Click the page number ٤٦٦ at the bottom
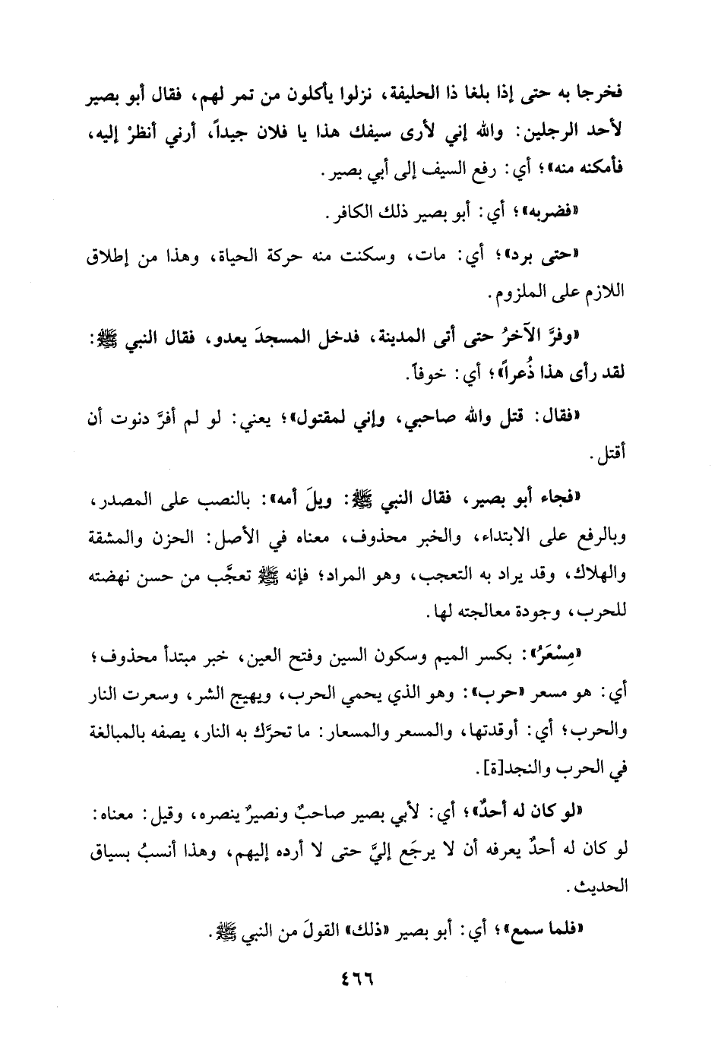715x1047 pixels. pos(358,981)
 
